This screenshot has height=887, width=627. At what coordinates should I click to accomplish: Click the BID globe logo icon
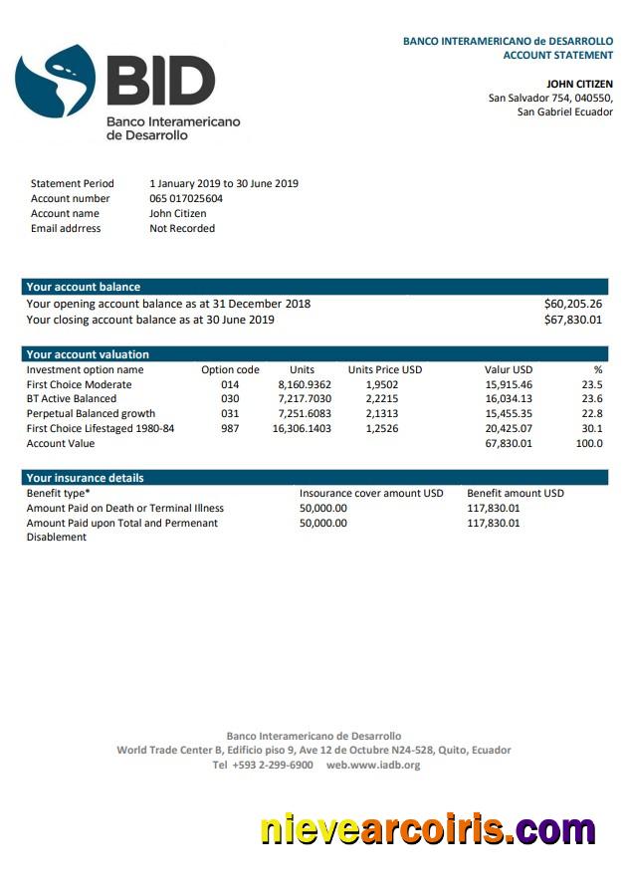[x=56, y=82]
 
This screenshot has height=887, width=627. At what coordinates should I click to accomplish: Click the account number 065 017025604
[x=186, y=198]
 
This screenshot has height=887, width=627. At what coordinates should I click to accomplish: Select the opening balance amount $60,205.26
[x=572, y=304]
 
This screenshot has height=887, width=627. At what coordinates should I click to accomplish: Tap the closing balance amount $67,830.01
[x=572, y=320]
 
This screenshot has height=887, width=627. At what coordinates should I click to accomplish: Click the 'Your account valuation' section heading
[x=88, y=354]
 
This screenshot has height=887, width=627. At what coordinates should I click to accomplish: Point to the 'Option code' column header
[x=230, y=369]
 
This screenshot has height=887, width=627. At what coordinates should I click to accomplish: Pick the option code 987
[x=230, y=428]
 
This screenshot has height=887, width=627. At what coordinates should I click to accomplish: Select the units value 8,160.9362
[x=305, y=384]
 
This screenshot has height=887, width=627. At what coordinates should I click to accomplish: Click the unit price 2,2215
[x=382, y=398]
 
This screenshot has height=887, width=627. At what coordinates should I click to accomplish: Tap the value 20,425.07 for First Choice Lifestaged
[x=509, y=428]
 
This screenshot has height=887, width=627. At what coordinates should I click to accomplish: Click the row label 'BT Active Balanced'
[x=71, y=398]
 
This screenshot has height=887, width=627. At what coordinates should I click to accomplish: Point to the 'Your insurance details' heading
[x=85, y=478]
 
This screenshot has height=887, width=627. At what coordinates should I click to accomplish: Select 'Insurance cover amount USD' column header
[x=371, y=493]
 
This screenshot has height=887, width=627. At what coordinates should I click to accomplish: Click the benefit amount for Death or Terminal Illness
[x=493, y=508]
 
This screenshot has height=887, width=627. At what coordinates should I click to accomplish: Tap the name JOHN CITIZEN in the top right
[x=579, y=84]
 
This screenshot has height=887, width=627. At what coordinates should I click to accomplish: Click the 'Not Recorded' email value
[x=182, y=228]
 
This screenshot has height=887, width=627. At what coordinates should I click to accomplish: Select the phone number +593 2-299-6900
[x=263, y=765]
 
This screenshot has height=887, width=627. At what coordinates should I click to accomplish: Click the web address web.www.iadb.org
[x=373, y=765]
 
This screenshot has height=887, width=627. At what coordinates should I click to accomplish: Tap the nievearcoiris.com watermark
[x=428, y=829]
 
